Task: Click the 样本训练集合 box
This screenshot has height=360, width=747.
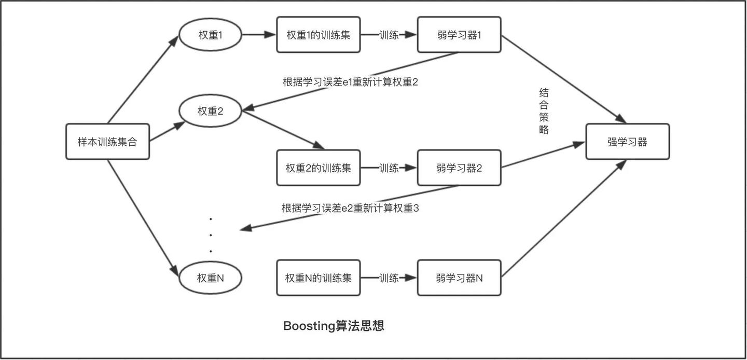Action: (107, 142)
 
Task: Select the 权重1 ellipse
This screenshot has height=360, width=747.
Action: (210, 35)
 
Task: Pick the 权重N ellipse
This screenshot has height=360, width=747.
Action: (210, 278)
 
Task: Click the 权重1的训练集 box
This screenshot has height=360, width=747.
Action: (318, 35)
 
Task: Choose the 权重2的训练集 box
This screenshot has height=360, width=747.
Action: (318, 168)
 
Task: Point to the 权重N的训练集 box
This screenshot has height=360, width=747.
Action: (318, 278)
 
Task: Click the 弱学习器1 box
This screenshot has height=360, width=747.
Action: (459, 35)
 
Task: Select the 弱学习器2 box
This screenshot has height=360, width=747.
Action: (459, 168)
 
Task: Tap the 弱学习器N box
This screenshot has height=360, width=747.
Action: (459, 278)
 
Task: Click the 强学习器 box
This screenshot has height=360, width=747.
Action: (627, 142)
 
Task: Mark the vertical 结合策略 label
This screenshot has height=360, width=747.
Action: (544, 112)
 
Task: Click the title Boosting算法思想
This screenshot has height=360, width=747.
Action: (334, 326)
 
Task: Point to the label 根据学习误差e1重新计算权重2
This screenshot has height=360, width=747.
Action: (350, 82)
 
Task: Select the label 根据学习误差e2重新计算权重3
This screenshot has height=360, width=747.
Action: (350, 208)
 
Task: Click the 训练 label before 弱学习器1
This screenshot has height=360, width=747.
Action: (389, 35)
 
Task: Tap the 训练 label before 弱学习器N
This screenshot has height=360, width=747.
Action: (389, 278)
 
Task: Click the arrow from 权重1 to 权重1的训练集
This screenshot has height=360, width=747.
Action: (258, 35)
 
